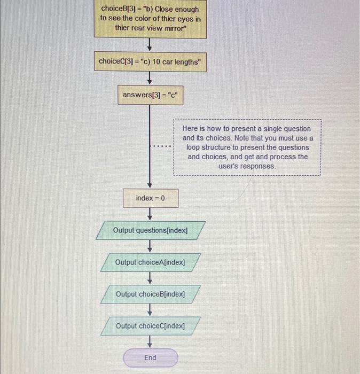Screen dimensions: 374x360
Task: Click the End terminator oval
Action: pyautogui.click(x=150, y=357)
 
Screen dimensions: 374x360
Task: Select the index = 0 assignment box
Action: pyautogui.click(x=150, y=198)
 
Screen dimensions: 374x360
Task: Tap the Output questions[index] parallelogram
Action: pyautogui.click(x=150, y=230)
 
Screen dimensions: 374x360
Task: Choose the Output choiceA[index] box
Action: pyautogui.click(x=150, y=262)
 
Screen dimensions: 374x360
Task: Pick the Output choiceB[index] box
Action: pyautogui.click(x=150, y=294)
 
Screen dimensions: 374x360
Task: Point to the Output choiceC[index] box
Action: pyautogui.click(x=150, y=325)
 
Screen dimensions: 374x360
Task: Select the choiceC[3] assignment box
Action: pyautogui.click(x=150, y=61)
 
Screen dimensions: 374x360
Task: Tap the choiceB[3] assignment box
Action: pyautogui.click(x=150, y=18)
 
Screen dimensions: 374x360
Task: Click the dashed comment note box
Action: pyautogui.click(x=247, y=147)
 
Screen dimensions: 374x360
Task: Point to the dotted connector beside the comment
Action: pyautogui.click(x=161, y=147)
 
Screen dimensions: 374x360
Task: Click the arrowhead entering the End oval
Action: pyautogui.click(x=150, y=344)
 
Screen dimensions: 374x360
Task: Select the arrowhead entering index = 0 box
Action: pyautogui.click(x=150, y=184)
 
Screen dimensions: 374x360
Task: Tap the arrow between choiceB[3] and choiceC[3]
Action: pyautogui.click(x=150, y=43)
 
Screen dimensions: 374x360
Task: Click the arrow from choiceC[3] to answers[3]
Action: pyautogui.click(x=150, y=79)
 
